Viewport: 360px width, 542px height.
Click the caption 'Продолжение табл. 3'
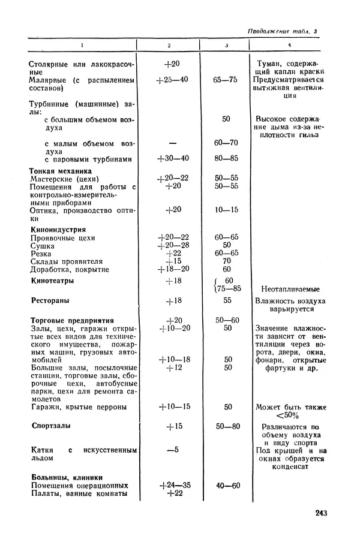[x=283, y=31]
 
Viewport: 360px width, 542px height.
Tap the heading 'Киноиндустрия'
[x=58, y=229]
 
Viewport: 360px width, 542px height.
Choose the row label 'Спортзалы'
[x=51, y=426]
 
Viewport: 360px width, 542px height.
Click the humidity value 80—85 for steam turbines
[x=227, y=159]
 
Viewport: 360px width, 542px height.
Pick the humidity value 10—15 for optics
[x=227, y=209]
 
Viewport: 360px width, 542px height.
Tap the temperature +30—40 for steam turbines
[x=173, y=159]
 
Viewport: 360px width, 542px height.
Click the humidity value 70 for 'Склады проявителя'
[x=227, y=262]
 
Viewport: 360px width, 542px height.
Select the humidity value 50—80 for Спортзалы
[x=227, y=426]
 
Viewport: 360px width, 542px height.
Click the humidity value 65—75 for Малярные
[x=227, y=79]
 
